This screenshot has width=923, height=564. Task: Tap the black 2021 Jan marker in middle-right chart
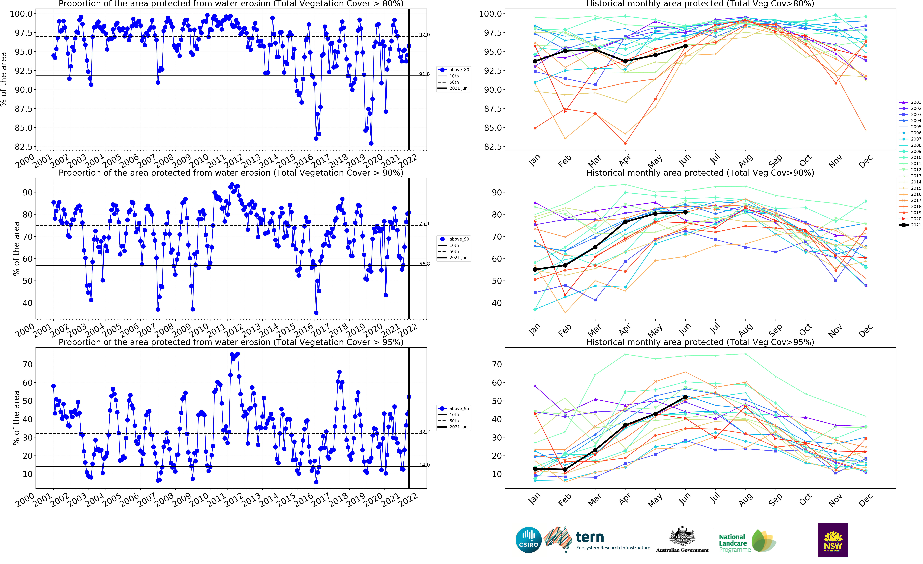point(535,270)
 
